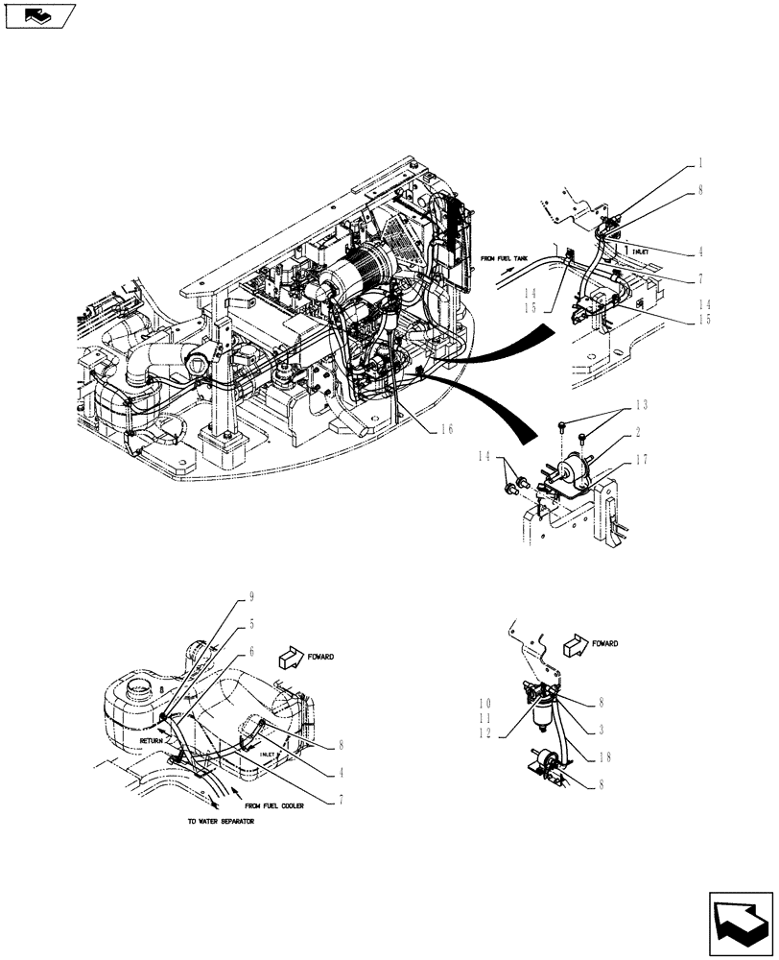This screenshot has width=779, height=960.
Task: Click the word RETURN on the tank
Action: [153, 741]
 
